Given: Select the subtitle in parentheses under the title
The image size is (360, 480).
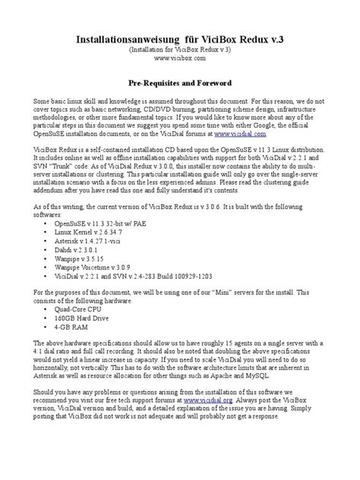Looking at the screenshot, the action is tap(179, 48).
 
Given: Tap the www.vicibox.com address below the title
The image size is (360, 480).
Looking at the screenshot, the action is tap(179, 57).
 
